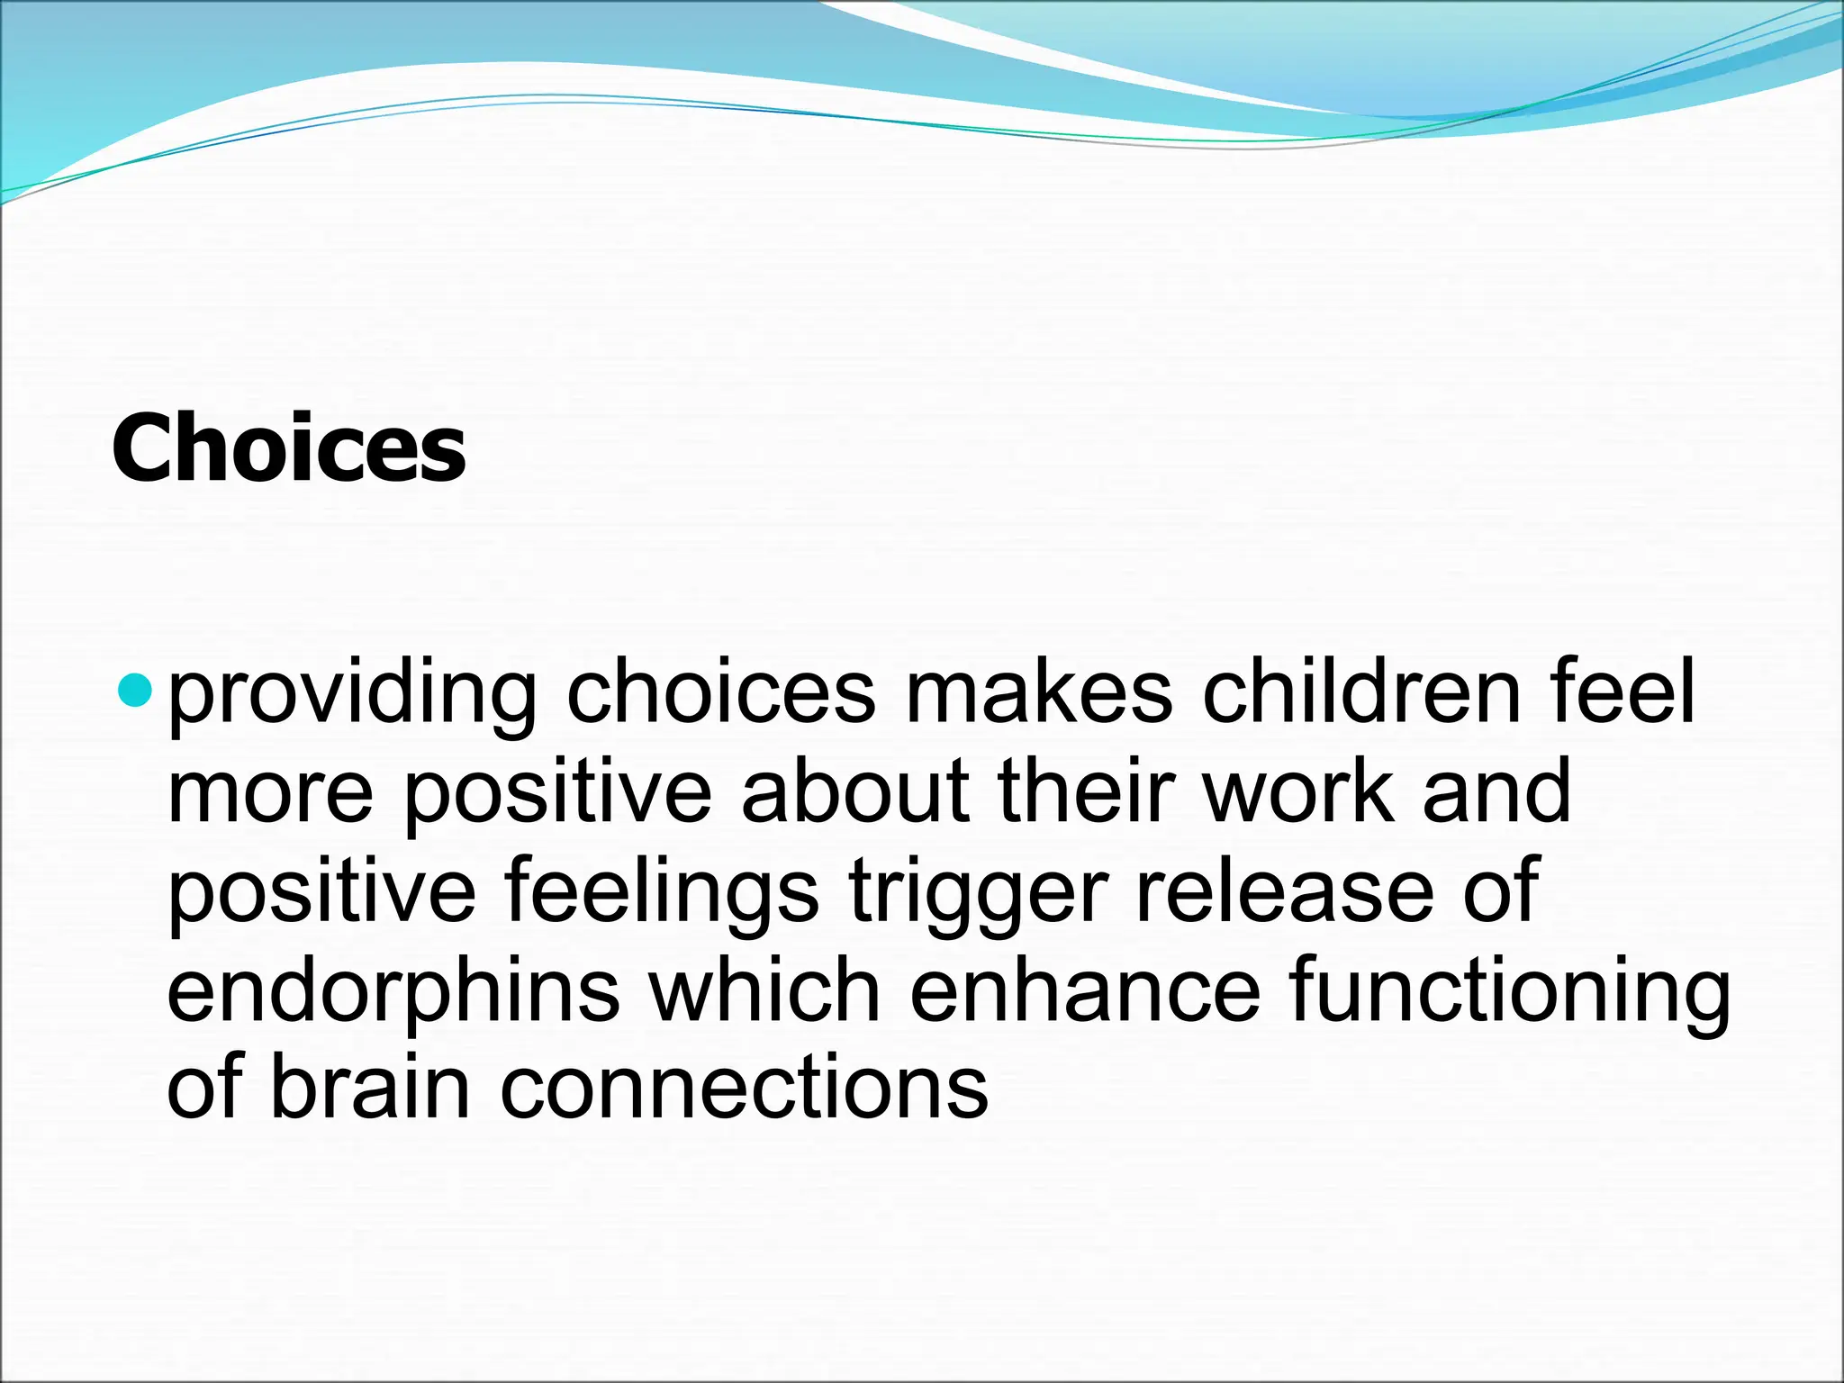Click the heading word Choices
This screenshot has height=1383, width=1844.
[288, 448]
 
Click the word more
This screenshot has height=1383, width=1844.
[270, 792]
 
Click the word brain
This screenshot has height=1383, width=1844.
[370, 1088]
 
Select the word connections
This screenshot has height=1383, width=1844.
[744, 1088]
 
